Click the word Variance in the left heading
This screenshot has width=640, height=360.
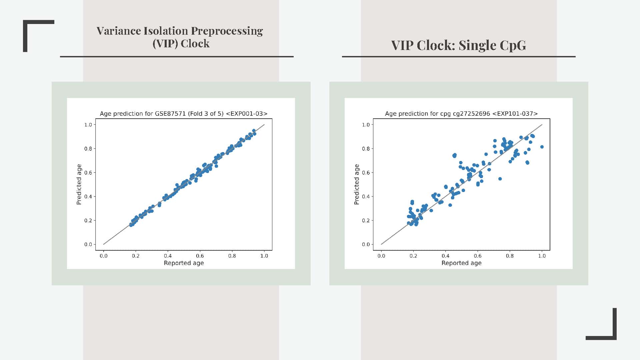pyautogui.click(x=118, y=31)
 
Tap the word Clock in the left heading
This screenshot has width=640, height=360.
pyautogui.click(x=195, y=44)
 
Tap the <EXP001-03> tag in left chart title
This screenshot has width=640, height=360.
pyautogui.click(x=247, y=114)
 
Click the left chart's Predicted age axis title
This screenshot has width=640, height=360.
pyautogui.click(x=79, y=184)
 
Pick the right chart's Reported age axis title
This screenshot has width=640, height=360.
pyautogui.click(x=461, y=263)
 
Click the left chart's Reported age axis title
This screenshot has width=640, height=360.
pyautogui.click(x=184, y=263)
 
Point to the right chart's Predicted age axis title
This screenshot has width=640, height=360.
pyautogui.click(x=357, y=184)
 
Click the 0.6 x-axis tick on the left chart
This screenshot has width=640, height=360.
pyautogui.click(x=200, y=256)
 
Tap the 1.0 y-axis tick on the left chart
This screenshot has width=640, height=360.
pyautogui.click(x=88, y=125)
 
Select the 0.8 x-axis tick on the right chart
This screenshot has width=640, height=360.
pyautogui.click(x=510, y=256)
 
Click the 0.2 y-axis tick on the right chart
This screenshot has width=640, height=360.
pyautogui.click(x=366, y=220)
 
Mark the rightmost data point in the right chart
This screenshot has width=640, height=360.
pyautogui.click(x=542, y=147)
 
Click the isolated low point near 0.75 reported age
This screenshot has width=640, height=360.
pyautogui.click(x=500, y=179)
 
